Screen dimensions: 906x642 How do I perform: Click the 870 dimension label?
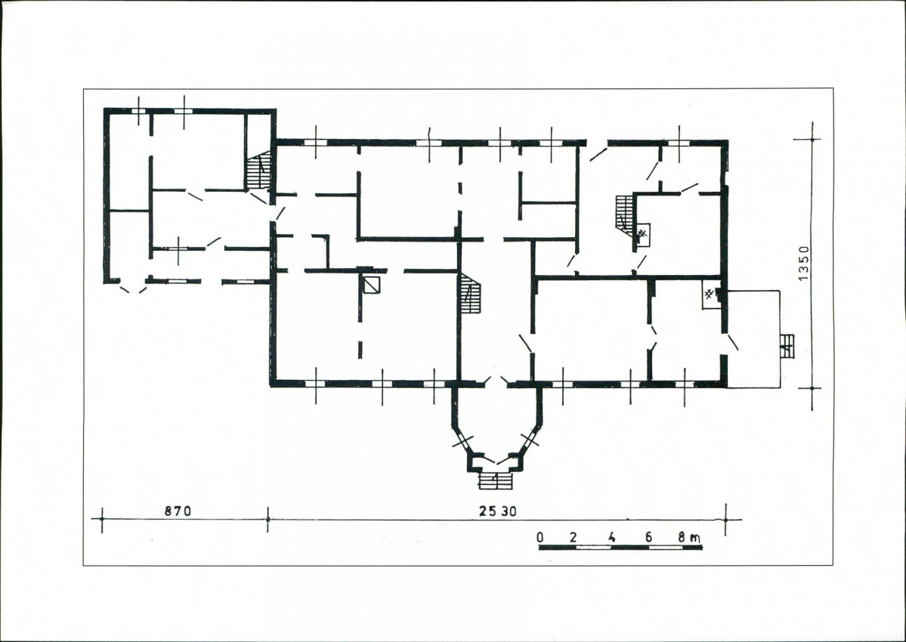178,511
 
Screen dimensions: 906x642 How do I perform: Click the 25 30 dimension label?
497,511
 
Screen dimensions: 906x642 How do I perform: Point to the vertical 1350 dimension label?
804,264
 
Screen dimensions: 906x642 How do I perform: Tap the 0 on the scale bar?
540,538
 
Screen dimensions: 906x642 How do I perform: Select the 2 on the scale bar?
574,538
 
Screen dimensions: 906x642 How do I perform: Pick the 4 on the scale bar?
611,538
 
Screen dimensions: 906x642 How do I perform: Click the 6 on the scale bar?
648,538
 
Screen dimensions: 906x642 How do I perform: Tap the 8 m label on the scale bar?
689,538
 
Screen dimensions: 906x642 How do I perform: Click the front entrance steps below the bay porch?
496,480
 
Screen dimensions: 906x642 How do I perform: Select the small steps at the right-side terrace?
787,346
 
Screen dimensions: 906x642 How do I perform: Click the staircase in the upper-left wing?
259,170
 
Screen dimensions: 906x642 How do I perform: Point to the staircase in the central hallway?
471,293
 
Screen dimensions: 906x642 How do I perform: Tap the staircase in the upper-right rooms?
625,212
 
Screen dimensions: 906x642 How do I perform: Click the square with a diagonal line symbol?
372,286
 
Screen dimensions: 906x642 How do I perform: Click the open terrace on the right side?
753,339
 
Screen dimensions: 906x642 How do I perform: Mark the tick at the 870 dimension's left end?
102,520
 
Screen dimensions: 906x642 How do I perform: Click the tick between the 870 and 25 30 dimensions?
267,520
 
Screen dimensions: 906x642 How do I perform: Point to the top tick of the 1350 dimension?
812,139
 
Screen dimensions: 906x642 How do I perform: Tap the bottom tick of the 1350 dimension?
812,388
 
